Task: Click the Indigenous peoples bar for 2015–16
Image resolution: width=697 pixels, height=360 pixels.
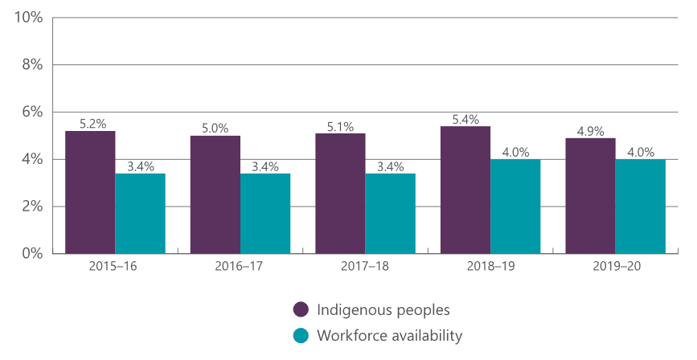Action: [90, 192]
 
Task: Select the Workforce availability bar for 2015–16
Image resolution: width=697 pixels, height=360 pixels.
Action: [140, 213]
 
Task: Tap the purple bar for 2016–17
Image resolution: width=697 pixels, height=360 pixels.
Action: [215, 194]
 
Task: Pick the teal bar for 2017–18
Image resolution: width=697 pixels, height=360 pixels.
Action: [390, 213]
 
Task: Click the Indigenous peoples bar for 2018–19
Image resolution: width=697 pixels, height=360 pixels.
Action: [465, 190]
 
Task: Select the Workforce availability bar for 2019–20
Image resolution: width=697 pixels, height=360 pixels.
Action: [640, 207]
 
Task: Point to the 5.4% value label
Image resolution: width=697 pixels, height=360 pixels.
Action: [465, 119]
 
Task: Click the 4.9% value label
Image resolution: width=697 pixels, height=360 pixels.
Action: [590, 131]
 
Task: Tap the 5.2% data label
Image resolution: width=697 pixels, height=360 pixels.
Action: [91, 124]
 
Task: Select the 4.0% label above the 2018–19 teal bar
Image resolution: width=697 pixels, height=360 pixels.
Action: [515, 152]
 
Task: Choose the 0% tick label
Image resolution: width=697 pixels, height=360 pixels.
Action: [32, 253]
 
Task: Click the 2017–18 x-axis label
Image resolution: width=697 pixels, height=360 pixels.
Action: [365, 265]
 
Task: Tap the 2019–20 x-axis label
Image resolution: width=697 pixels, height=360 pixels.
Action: [615, 265]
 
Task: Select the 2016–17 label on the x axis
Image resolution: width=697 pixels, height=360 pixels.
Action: [240, 265]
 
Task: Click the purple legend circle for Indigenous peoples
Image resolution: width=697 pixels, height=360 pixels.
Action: [302, 309]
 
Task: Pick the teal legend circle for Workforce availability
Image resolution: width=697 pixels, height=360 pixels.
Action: [302, 335]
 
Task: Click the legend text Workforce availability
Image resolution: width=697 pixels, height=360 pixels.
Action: [390, 335]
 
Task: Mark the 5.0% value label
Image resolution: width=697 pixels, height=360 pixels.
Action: [215, 129]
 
